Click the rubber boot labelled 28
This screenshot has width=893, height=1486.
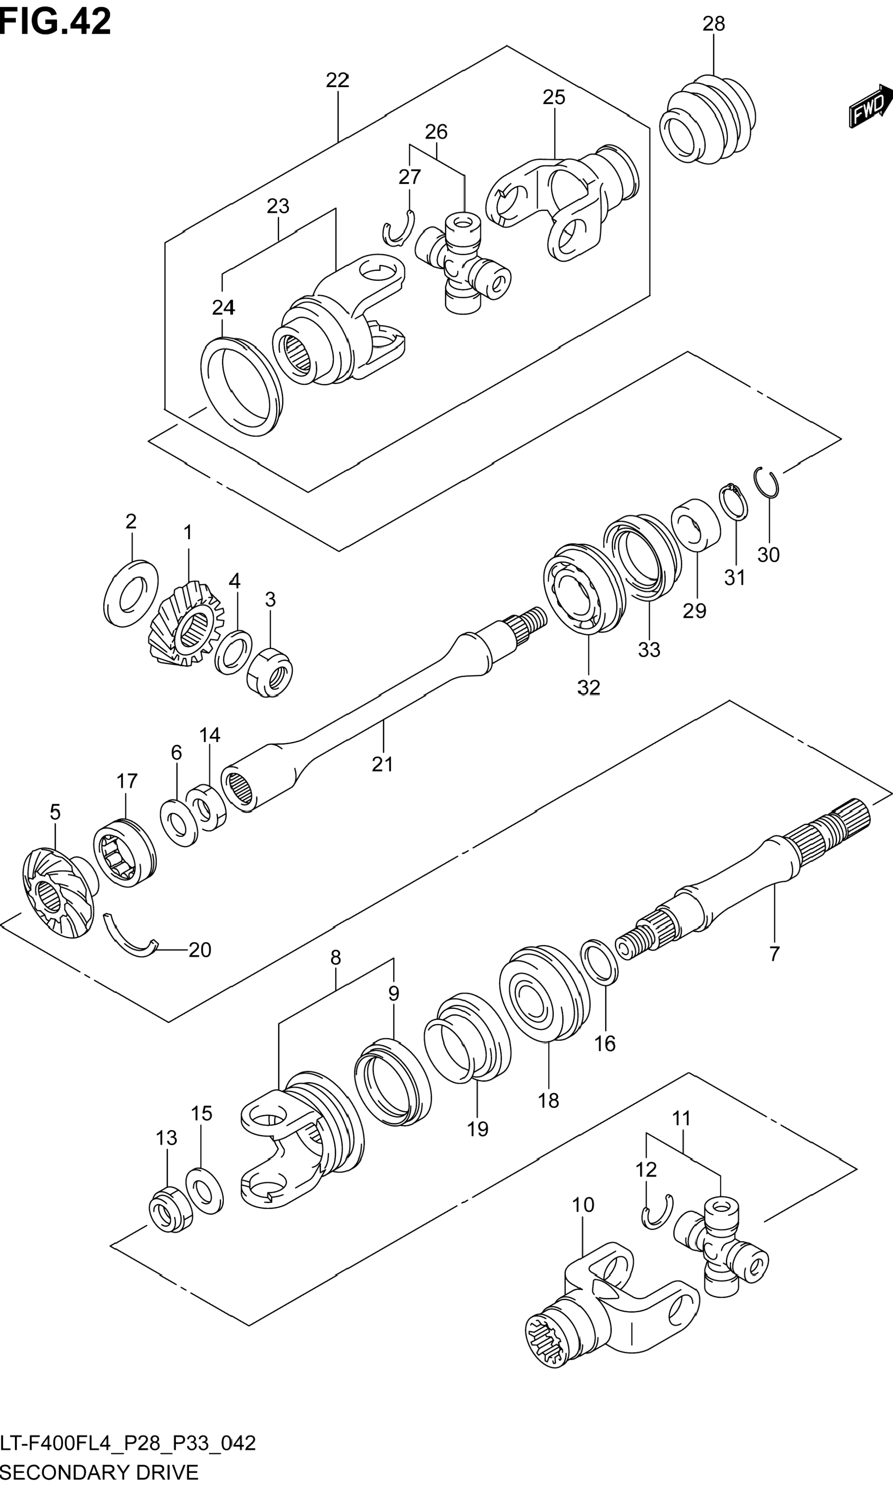708,119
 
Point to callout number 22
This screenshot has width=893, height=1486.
338,80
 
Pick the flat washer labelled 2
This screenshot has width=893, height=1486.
132,593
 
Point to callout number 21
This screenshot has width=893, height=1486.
383,764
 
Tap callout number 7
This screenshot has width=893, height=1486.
774,953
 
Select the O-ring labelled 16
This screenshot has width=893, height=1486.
599,962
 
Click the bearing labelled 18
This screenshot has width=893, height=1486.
545,993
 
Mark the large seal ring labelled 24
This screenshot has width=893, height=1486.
242,386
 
